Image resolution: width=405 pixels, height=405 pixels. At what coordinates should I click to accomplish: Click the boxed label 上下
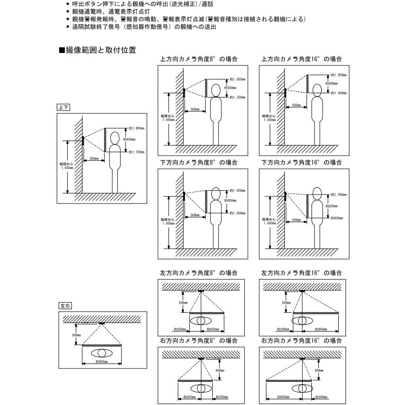63,107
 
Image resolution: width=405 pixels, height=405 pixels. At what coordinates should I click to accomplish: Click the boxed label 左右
65,306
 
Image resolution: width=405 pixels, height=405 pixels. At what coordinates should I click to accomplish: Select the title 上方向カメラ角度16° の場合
301,59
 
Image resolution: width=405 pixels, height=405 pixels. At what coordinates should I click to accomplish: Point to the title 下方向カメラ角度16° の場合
301,162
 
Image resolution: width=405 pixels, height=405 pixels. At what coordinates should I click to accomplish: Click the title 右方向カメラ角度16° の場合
301,341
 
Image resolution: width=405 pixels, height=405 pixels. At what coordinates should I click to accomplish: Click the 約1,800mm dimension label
137,128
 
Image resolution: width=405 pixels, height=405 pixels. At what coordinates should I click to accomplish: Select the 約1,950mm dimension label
339,75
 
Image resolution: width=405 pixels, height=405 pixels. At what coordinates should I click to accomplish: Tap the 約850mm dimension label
337,218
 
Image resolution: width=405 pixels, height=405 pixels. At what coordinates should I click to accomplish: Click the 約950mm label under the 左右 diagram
101,362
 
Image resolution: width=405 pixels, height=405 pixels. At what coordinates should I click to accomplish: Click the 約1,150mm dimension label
137,152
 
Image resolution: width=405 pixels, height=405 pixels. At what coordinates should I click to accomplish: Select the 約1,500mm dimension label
339,194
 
